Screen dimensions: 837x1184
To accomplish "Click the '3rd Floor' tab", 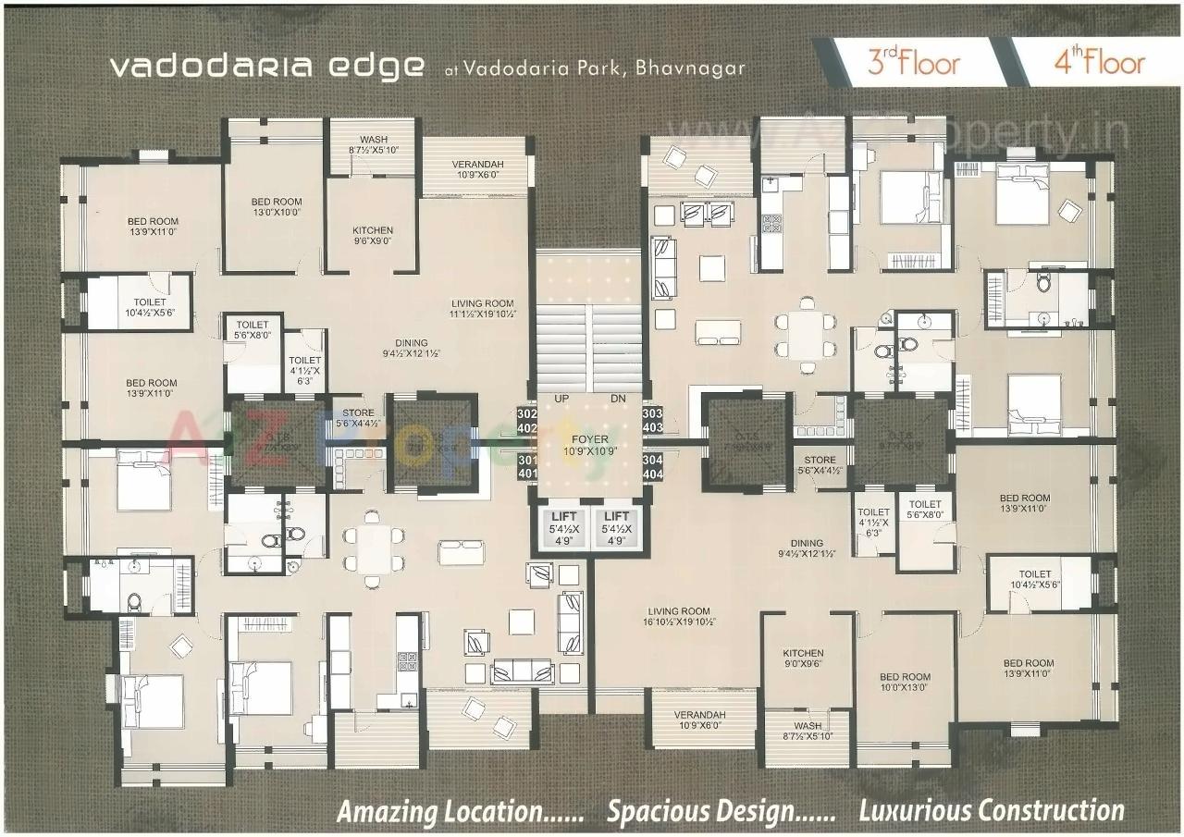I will click(912, 62).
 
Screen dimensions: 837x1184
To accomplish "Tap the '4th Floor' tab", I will click(1098, 62).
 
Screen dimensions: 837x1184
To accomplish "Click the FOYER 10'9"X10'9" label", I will click(589, 446).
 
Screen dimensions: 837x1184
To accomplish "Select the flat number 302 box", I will click(527, 413).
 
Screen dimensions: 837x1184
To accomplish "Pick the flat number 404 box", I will click(652, 474).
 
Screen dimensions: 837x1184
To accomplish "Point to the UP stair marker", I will click(561, 399).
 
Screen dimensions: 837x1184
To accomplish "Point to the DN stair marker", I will click(618, 399).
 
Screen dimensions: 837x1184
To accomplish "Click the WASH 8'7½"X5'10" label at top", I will click(373, 144).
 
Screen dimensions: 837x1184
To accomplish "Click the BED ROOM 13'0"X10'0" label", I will click(276, 206).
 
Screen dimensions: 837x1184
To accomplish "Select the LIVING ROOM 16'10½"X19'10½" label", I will click(678, 617).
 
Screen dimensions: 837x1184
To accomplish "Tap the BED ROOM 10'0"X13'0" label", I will click(905, 683).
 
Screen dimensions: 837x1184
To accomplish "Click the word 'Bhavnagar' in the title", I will click(690, 68).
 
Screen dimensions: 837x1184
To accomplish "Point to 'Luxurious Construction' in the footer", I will click(992, 810).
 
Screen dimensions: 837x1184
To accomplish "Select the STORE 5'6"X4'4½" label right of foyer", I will click(820, 465).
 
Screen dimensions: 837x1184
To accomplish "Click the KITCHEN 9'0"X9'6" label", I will click(803, 659).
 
